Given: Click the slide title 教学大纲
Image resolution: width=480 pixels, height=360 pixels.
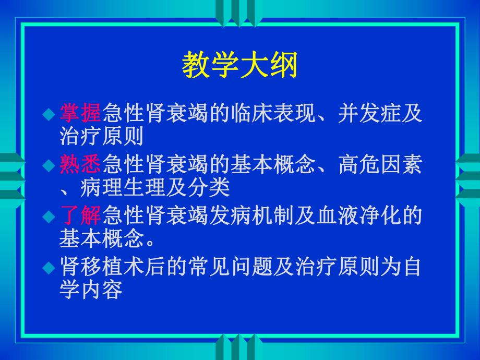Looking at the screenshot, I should (x=239, y=66).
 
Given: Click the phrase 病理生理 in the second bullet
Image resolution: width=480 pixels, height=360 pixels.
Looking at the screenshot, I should (x=123, y=186).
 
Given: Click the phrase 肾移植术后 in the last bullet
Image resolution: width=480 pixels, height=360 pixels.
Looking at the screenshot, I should (x=113, y=268).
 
